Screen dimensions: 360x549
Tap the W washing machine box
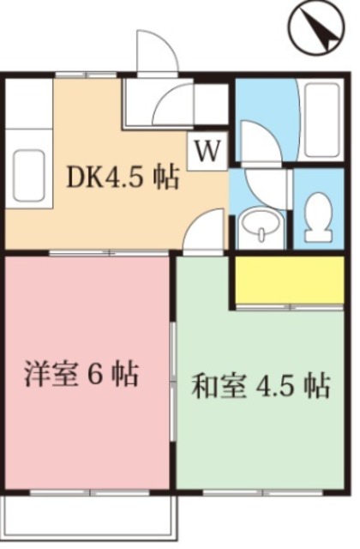click(x=207, y=151)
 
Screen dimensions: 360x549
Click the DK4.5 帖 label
click(x=123, y=178)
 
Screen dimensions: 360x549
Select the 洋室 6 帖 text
click(x=81, y=374)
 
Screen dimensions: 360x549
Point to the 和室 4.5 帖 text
click(x=261, y=386)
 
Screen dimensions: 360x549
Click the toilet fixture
click(x=318, y=217)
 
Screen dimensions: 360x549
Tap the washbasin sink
click(x=261, y=224)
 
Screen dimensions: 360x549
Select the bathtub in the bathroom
click(x=322, y=120)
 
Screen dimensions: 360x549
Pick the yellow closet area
click(x=290, y=281)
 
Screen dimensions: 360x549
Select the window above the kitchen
click(x=86, y=75)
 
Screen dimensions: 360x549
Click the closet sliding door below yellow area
click(x=290, y=307)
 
